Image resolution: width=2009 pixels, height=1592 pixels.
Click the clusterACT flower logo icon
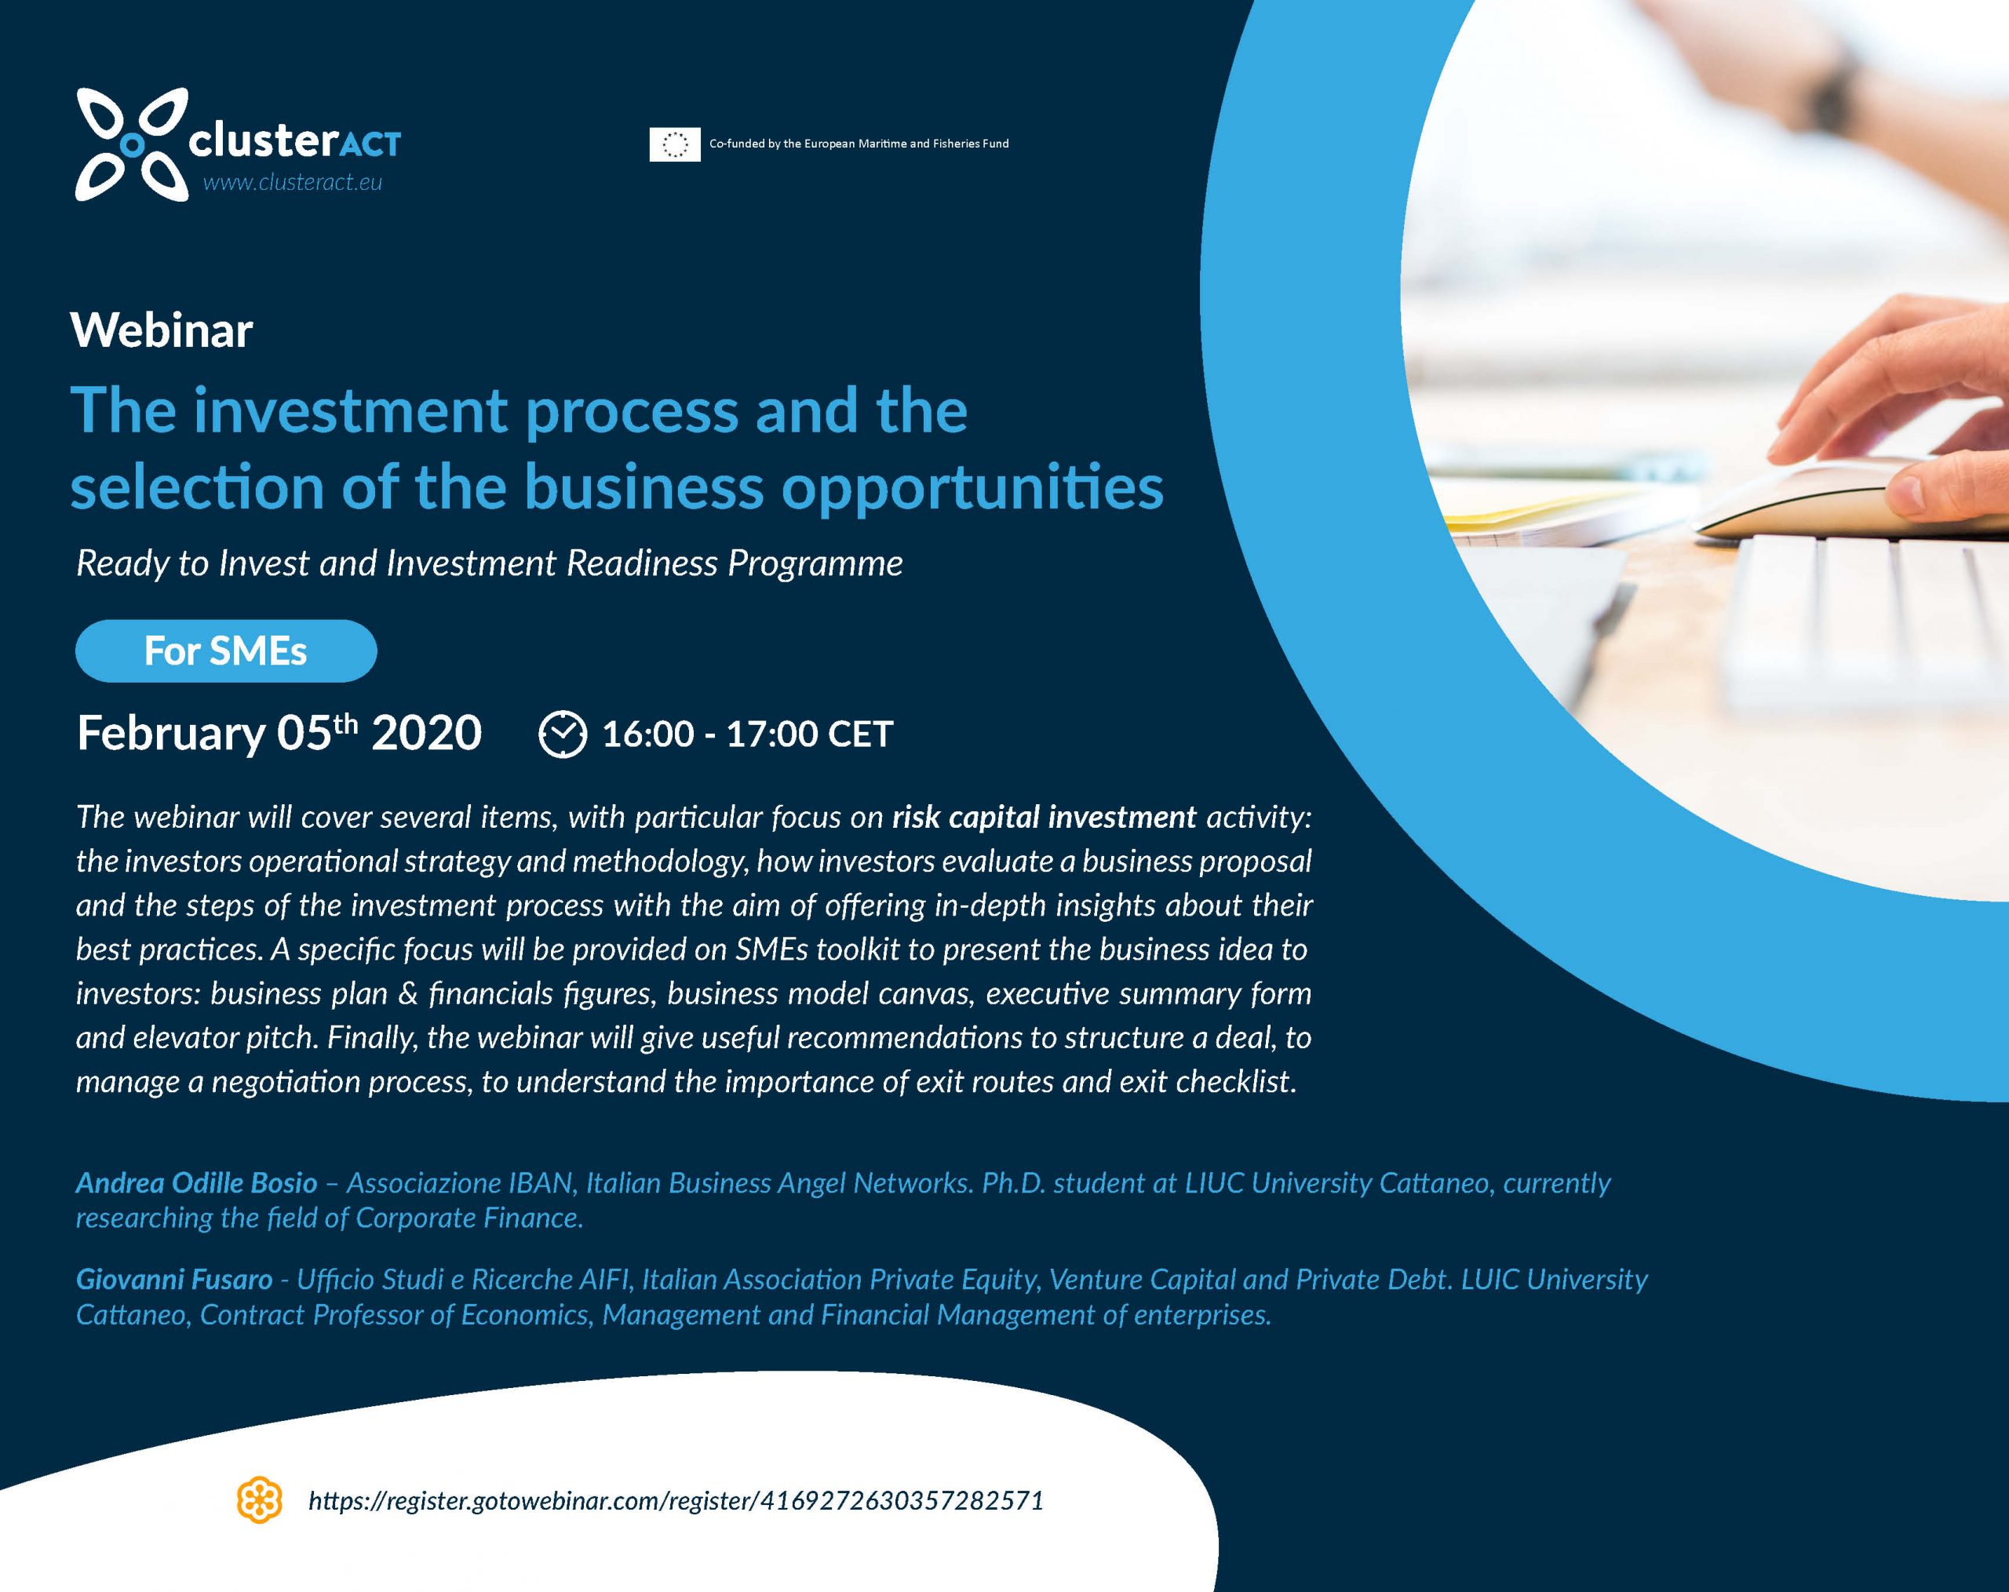[x=131, y=144]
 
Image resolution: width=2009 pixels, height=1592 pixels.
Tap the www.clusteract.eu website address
[x=293, y=183]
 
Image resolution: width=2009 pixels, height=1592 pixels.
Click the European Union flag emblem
[x=675, y=144]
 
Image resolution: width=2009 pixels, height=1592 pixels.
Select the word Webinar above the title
[x=161, y=330]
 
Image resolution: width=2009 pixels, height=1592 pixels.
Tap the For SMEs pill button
[x=225, y=650]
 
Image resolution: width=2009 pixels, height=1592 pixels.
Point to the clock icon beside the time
[x=563, y=734]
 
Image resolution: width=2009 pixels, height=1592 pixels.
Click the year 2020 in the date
[x=427, y=733]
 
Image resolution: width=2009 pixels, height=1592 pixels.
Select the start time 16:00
[x=647, y=734]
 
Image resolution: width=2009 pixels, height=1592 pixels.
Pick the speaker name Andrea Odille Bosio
[x=197, y=1182]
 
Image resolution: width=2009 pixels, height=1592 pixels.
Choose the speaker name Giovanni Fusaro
[x=174, y=1279]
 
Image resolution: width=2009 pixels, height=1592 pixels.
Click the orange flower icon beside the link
[x=260, y=1499]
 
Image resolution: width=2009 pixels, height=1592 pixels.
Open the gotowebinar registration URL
[x=676, y=1501]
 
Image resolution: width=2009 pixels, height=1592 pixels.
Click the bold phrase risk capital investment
[x=1044, y=817]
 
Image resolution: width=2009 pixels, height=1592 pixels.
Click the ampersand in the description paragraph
[x=407, y=993]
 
